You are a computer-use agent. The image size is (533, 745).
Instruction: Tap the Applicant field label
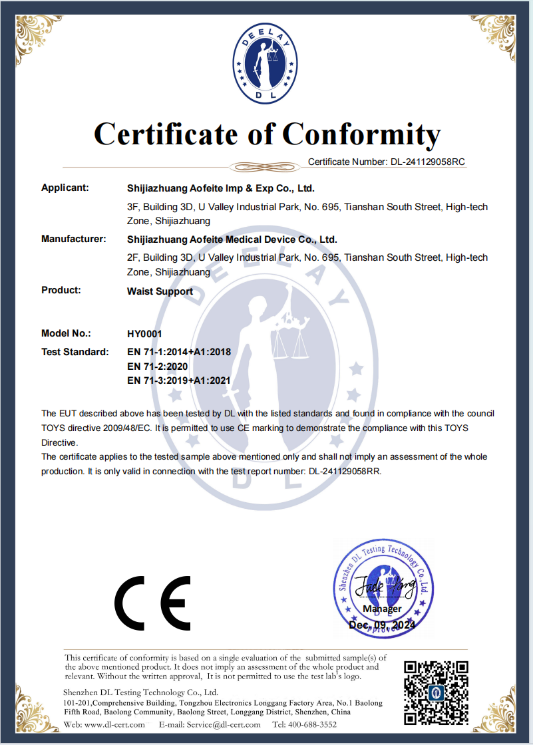tap(65, 188)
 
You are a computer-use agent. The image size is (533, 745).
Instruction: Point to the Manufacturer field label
tap(74, 239)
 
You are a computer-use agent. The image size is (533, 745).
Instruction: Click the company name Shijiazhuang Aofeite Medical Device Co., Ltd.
tap(232, 239)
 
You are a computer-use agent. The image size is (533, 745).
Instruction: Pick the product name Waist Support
tap(160, 291)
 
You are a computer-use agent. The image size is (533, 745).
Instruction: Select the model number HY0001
tap(144, 333)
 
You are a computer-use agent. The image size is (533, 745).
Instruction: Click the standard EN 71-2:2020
tap(158, 366)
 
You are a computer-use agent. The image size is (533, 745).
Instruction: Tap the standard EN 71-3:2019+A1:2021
tap(178, 380)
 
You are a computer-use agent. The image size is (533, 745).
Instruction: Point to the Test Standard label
tap(75, 351)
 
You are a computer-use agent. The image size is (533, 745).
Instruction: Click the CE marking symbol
tap(152, 604)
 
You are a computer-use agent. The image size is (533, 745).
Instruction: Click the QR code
tap(436, 692)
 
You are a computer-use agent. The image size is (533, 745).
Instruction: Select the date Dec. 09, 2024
tap(382, 625)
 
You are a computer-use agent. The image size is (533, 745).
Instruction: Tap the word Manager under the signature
tap(382, 609)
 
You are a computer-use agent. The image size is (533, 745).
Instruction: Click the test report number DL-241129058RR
tap(344, 471)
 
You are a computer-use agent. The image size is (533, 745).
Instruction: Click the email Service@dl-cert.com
tap(220, 724)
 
